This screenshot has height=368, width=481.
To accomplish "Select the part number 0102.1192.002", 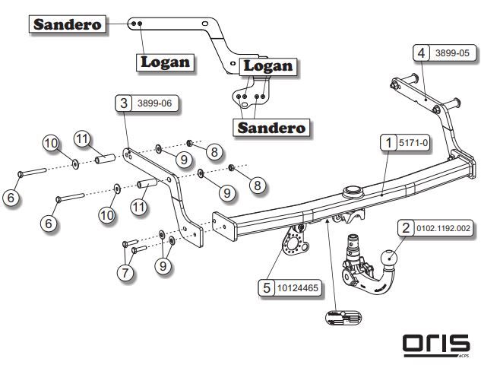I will pyautogui.click(x=443, y=227).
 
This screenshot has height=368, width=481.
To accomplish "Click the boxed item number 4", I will pyautogui.click(x=420, y=52).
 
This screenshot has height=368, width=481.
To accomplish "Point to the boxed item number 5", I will pyautogui.click(x=264, y=288).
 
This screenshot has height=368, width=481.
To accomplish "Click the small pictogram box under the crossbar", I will pyautogui.click(x=342, y=318).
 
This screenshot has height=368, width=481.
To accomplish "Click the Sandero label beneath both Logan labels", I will pyautogui.click(x=272, y=127).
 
